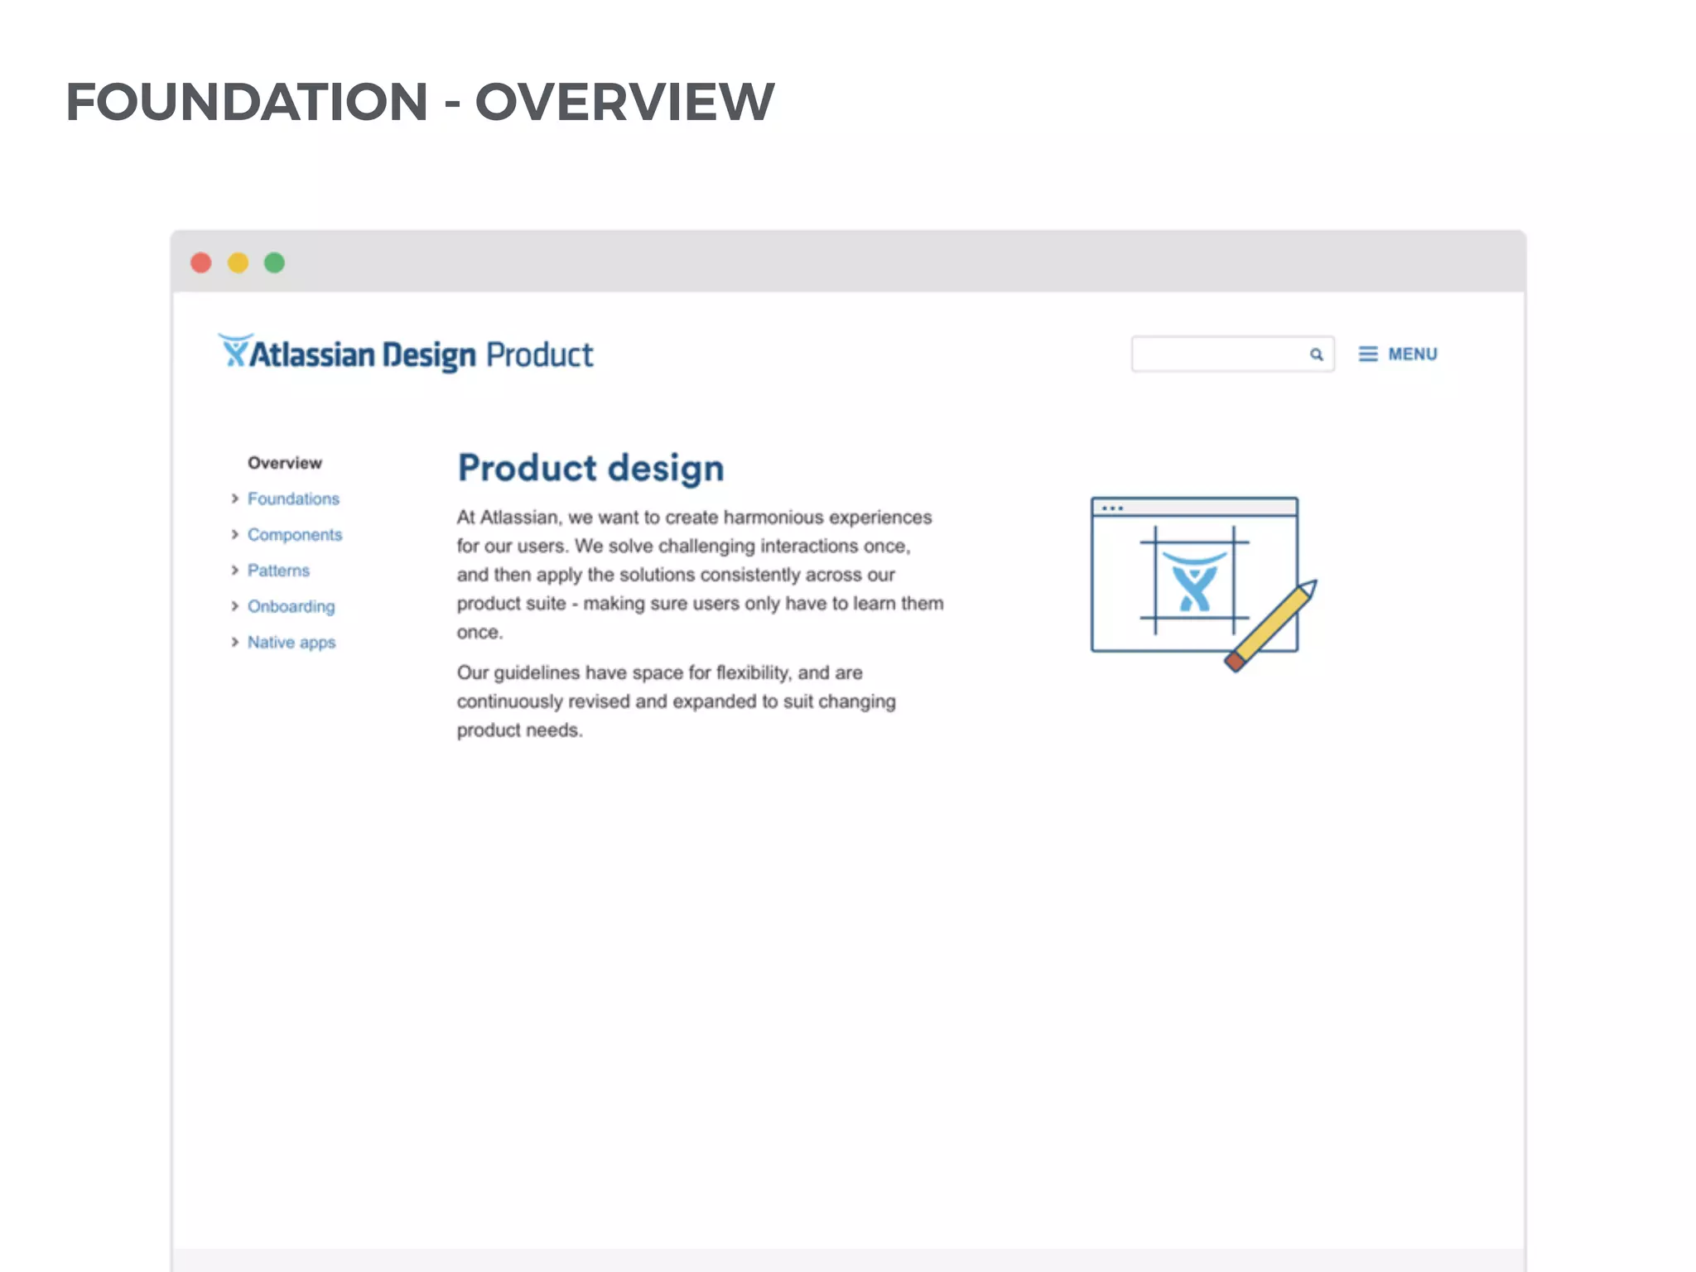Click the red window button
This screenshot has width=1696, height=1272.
coord(201,263)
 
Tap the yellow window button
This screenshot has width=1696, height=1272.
coord(238,263)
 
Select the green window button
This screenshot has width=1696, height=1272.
coord(274,263)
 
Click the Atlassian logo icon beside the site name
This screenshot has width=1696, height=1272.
coord(234,351)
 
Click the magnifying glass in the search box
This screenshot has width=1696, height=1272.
coord(1316,355)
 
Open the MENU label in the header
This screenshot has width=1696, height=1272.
coord(1413,354)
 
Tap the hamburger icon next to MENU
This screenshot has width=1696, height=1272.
coord(1368,354)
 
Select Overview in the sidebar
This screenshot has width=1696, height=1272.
coord(285,463)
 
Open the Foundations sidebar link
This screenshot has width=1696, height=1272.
coord(293,499)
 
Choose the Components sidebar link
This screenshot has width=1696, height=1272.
coord(295,535)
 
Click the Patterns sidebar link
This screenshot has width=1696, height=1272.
coord(278,571)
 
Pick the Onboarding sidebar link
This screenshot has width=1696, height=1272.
coord(291,606)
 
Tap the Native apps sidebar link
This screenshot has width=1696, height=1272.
coord(291,643)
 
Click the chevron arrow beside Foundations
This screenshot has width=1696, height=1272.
coord(234,499)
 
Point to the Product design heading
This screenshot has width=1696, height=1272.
coord(590,469)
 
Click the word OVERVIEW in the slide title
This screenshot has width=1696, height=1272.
coord(624,103)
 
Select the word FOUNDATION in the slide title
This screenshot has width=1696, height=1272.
coord(247,103)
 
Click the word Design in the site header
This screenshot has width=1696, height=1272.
coord(429,355)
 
